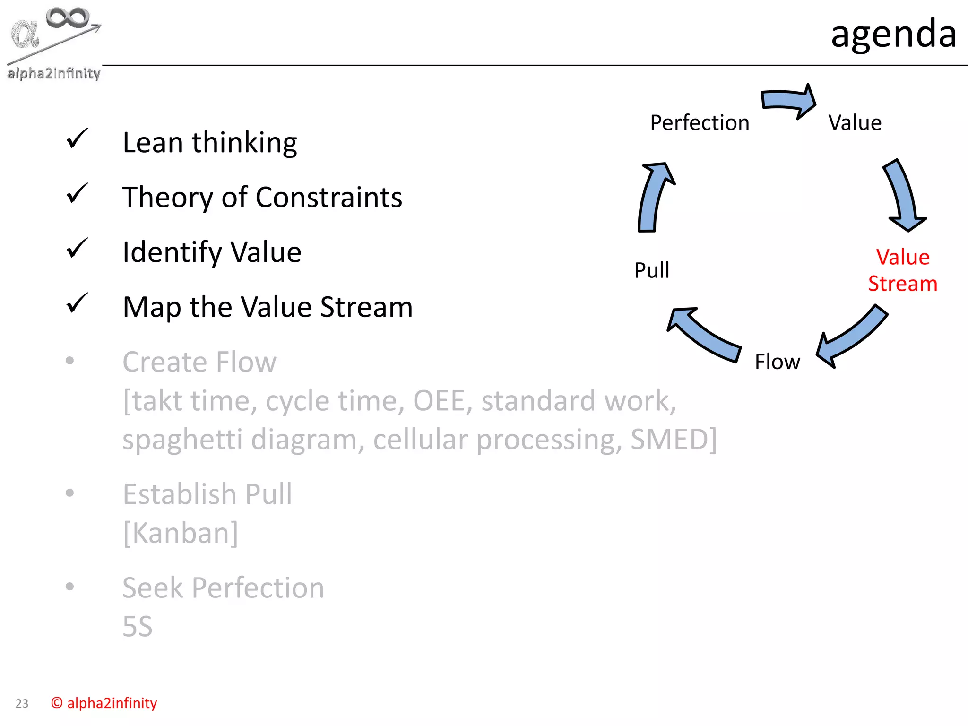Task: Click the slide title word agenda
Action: tap(893, 34)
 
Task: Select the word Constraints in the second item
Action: tap(329, 197)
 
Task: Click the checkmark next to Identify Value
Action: tap(77, 248)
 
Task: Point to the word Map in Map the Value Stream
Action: tap(152, 307)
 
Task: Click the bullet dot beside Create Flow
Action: tap(70, 361)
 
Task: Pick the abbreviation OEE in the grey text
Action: tap(439, 401)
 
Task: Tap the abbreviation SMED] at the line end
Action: tap(674, 440)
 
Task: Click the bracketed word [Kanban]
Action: tap(180, 533)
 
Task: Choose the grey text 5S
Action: tap(138, 627)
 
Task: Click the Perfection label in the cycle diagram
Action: tap(700, 123)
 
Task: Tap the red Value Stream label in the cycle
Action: tap(902, 270)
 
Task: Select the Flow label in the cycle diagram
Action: tap(777, 362)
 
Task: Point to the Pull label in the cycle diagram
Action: tap(652, 270)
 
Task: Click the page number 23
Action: tap(22, 704)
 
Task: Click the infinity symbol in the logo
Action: tap(68, 18)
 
